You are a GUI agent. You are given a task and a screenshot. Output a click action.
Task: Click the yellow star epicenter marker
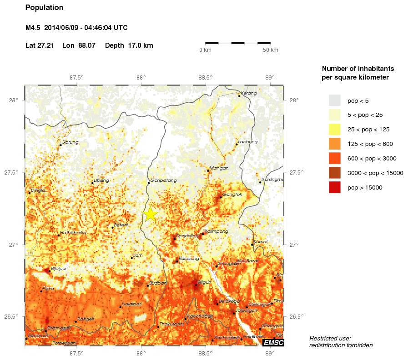[150, 214]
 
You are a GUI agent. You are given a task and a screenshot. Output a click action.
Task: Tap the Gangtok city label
[232, 195]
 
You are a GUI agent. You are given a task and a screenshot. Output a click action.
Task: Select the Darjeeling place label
[187, 236]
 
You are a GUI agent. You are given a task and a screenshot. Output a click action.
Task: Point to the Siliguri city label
[203, 282]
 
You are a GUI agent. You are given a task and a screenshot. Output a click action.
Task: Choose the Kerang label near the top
[248, 93]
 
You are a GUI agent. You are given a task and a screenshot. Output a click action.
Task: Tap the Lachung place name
[247, 142]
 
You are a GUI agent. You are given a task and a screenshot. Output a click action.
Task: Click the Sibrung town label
[70, 142]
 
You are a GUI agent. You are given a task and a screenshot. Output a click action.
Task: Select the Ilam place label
[137, 255]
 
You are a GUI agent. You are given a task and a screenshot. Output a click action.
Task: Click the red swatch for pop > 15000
[335, 187]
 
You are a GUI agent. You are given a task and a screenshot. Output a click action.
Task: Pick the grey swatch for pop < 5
[335, 100]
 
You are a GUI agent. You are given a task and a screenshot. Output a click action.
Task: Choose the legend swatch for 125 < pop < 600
[335, 144]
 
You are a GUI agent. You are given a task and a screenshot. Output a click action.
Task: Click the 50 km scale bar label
[270, 50]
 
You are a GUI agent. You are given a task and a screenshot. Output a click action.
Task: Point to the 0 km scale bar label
[206, 50]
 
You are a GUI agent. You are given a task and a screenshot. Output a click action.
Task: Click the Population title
[44, 8]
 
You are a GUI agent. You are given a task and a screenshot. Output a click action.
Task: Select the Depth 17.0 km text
[129, 45]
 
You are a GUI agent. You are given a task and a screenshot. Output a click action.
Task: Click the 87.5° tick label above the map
[76, 77]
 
